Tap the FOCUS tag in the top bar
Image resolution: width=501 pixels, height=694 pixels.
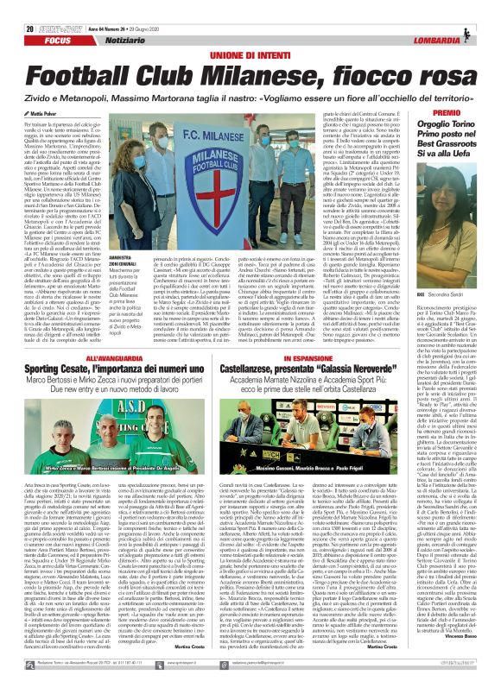pos(26,18)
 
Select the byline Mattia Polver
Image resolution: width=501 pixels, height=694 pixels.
pos(29,87)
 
